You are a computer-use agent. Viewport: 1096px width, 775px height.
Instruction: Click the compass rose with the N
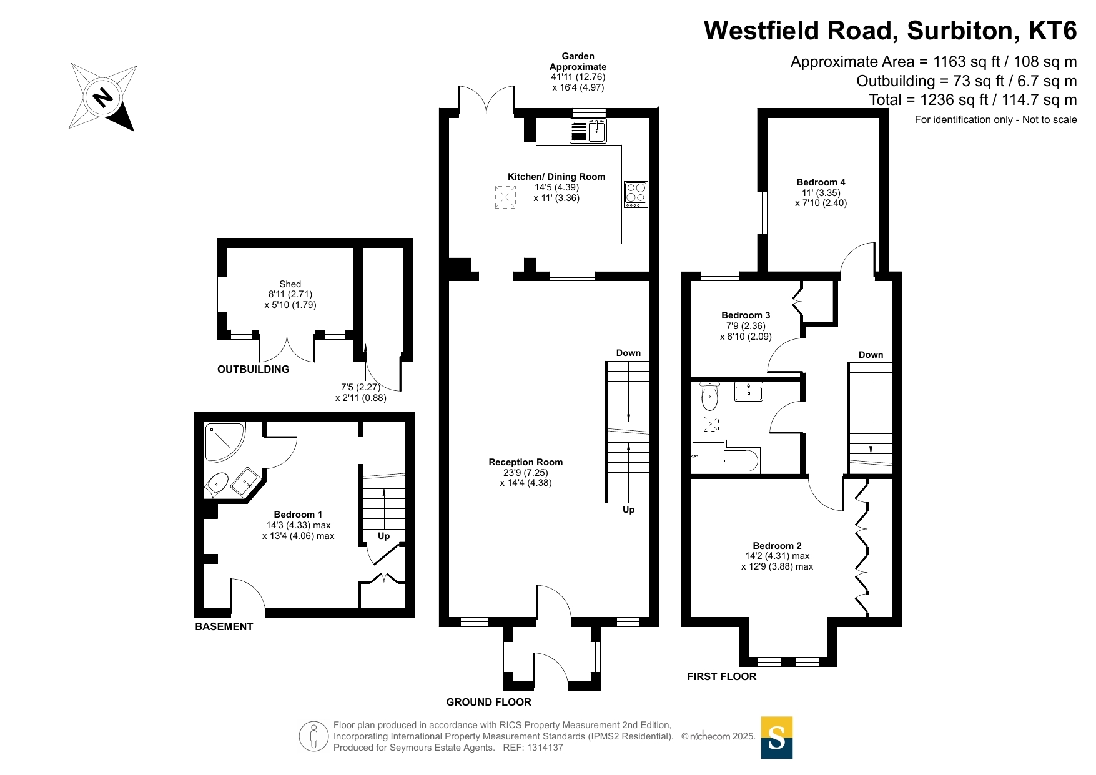(x=102, y=97)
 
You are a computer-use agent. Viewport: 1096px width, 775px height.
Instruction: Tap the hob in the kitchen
(x=636, y=194)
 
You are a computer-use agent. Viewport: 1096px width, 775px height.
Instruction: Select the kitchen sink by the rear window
(x=588, y=131)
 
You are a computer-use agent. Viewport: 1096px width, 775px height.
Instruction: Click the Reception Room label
(x=526, y=462)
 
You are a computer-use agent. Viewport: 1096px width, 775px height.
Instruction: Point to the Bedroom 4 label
(x=821, y=182)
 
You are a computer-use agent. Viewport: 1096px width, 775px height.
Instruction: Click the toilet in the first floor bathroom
(x=709, y=395)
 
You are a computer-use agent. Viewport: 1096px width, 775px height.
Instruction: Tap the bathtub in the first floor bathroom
(x=725, y=458)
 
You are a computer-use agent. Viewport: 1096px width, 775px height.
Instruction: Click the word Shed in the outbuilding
(x=290, y=284)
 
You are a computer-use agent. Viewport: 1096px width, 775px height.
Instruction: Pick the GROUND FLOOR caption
(x=489, y=702)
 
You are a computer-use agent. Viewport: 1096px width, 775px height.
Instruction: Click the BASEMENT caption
(x=224, y=626)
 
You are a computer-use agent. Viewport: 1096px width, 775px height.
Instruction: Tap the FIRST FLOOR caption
(x=722, y=676)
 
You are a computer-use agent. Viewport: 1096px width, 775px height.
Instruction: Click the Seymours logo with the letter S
(x=777, y=738)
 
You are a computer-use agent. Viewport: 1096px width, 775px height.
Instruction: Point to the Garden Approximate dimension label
(x=578, y=72)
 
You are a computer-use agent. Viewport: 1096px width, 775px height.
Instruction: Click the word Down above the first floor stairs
(x=871, y=355)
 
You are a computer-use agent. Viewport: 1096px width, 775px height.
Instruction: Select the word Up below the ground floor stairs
(x=629, y=510)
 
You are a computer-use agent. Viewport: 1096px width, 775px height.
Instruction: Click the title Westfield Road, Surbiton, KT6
(x=891, y=31)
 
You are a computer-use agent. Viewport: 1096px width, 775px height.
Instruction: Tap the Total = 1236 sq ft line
(x=973, y=100)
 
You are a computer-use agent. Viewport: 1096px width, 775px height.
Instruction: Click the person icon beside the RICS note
(x=313, y=736)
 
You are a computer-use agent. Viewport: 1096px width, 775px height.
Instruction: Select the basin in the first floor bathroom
(x=748, y=392)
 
